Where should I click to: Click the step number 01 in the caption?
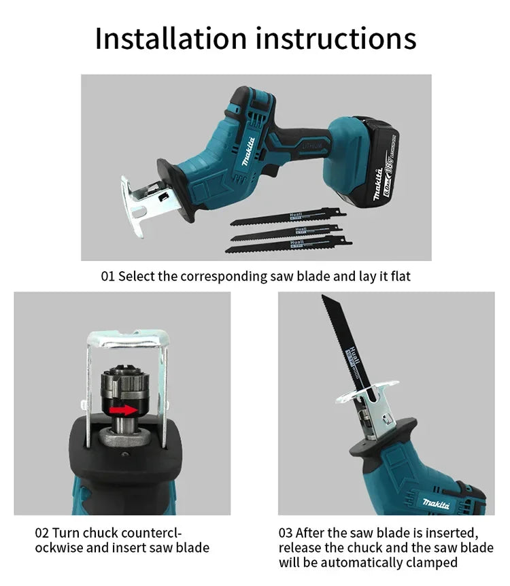[108, 277]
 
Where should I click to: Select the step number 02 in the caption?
[42, 533]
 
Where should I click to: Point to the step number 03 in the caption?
[286, 533]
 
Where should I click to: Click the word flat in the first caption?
[398, 277]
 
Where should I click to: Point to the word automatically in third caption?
[366, 563]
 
